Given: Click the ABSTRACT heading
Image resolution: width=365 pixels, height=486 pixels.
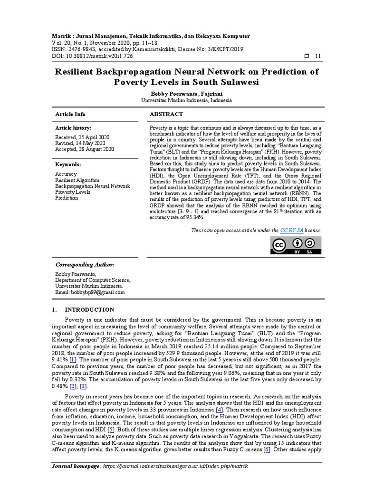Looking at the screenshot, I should [166, 114].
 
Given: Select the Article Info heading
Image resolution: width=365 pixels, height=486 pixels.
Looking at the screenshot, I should [70, 114].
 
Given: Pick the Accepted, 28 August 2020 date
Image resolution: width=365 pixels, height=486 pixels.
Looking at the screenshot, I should [85, 149].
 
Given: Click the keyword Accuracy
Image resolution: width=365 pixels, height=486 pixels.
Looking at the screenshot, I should [66, 174].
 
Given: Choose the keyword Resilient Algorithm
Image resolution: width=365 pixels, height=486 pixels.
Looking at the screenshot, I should [77, 180].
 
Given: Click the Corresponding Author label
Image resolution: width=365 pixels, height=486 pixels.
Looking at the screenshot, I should [85, 264].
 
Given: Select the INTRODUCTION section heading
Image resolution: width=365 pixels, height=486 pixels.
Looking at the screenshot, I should [89, 310].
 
